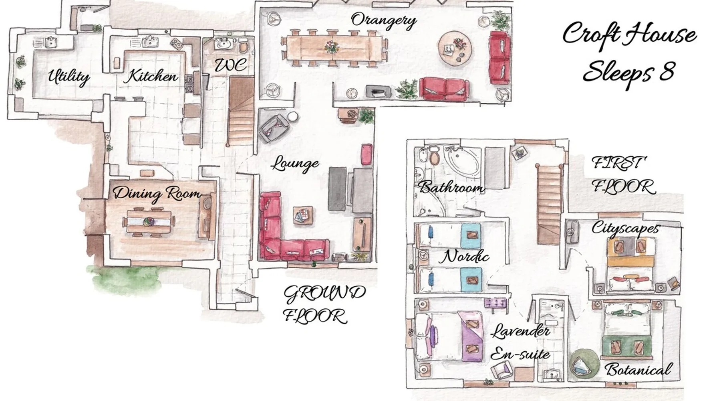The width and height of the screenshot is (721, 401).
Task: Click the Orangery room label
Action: pos(384,21)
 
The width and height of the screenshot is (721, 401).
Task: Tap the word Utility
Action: pos(68,76)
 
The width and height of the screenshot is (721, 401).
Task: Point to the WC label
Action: pos(230,65)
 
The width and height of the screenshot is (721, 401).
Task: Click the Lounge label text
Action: pos(295,163)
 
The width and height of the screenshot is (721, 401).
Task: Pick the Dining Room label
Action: pos(157,193)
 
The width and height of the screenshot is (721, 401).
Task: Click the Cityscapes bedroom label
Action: pos(625,228)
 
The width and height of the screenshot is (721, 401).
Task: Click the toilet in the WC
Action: pos(243,47)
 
